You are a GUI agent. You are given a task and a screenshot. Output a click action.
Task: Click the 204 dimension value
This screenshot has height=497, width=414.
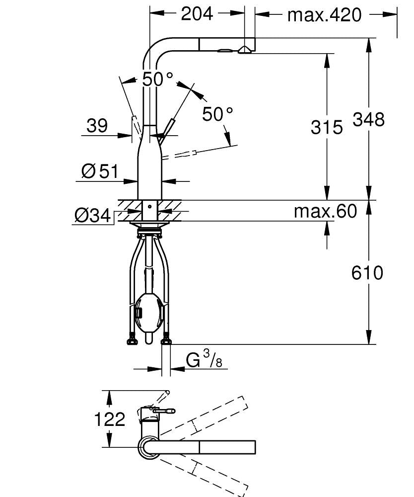pyautogui.click(x=197, y=14)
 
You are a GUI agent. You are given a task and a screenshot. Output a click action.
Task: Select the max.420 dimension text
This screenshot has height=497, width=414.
pyautogui.click(x=325, y=15)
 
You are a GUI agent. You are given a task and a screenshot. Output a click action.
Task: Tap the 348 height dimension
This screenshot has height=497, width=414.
pyautogui.click(x=368, y=119)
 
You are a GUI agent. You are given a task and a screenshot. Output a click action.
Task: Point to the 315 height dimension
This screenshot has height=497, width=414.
pyautogui.click(x=327, y=127)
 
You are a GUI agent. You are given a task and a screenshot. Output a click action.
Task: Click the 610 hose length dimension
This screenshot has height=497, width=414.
pyautogui.click(x=368, y=273)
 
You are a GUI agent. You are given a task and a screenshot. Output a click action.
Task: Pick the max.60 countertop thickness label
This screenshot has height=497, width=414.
pyautogui.click(x=325, y=211)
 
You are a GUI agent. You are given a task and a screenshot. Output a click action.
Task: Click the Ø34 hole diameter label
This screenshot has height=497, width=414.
pyautogui.click(x=92, y=215)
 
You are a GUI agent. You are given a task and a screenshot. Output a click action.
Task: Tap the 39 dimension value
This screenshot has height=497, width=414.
pyautogui.click(x=97, y=126)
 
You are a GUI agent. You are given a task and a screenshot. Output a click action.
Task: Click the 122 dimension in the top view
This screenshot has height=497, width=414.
pyautogui.click(x=110, y=419)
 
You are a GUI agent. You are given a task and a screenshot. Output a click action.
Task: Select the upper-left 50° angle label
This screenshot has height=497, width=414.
pyautogui.click(x=157, y=79)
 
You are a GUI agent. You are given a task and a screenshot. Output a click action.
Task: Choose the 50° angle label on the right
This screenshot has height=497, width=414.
pyautogui.click(x=217, y=114)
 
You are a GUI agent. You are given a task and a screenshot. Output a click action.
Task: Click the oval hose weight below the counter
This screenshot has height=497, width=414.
pyautogui.click(x=148, y=313)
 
